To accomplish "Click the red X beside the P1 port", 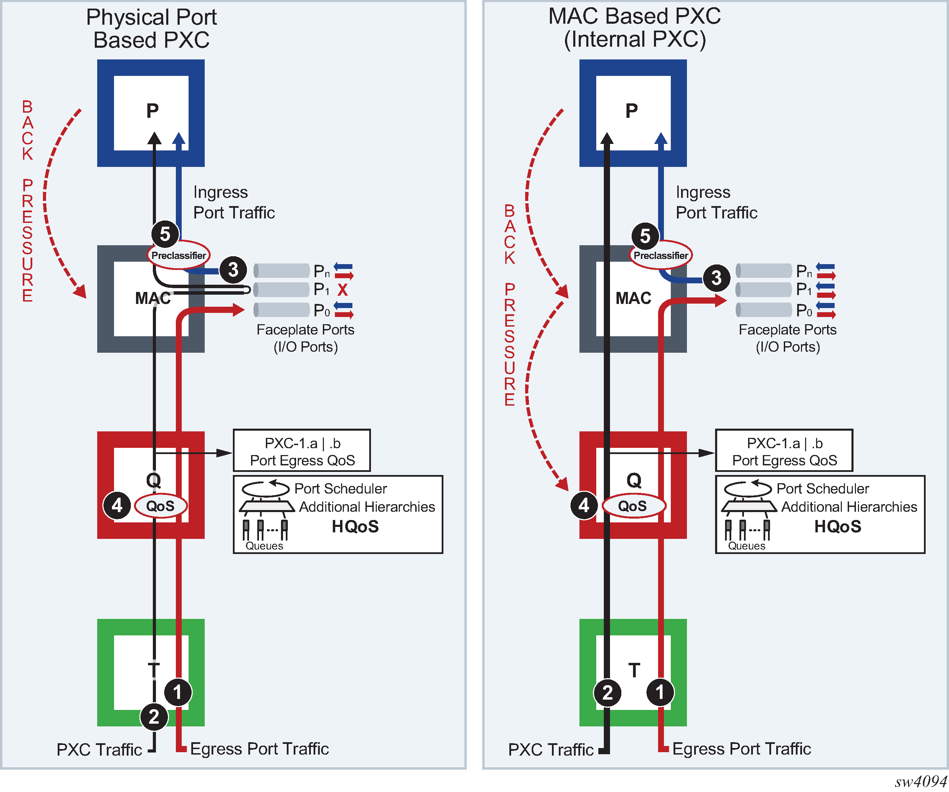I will coord(342,290).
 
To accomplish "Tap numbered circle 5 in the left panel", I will coord(165,234).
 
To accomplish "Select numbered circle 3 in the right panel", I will coord(716,278).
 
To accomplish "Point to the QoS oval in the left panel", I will coord(160,506).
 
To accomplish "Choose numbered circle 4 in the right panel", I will coord(584,505).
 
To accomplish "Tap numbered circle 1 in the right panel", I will coord(660,692).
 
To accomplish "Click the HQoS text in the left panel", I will coord(355,527).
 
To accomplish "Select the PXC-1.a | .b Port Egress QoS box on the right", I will coord(784,451).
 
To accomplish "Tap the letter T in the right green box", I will coord(634,670).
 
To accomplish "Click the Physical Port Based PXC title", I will coord(151,29).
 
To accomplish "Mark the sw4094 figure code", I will coord(920,781).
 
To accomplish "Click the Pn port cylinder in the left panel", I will coord(282,271).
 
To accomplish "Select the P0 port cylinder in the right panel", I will coord(764,310).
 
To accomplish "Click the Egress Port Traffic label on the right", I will coord(741,749).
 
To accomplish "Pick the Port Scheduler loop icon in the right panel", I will coord(747,488).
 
